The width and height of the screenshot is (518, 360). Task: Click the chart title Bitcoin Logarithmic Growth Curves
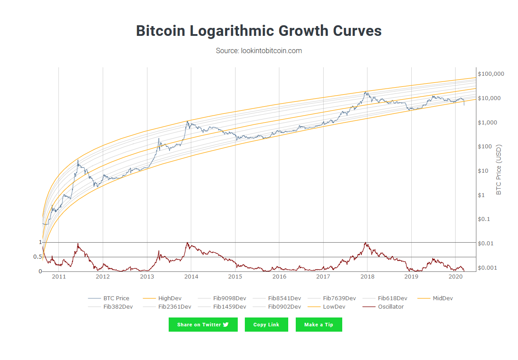pyautogui.click(x=259, y=31)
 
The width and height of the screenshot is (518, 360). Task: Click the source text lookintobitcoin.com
pyautogui.click(x=259, y=50)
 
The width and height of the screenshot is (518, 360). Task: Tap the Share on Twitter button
pyautogui.click(x=203, y=325)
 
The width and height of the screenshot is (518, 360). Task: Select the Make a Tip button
pyautogui.click(x=319, y=325)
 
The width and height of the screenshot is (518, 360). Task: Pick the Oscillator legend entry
pyautogui.click(x=390, y=306)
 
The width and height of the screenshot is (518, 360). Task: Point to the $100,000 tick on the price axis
pyautogui.click(x=491, y=74)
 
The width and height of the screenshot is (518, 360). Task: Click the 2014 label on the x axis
pyautogui.click(x=191, y=277)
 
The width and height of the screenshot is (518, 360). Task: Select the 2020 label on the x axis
pyautogui.click(x=456, y=277)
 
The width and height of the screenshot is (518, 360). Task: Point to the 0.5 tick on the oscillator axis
pyautogui.click(x=37, y=257)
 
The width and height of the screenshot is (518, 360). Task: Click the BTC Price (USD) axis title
pyautogui.click(x=499, y=170)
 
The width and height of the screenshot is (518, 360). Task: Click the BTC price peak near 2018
pyautogui.click(x=365, y=92)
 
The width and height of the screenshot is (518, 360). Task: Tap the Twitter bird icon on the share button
pyautogui.click(x=226, y=325)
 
